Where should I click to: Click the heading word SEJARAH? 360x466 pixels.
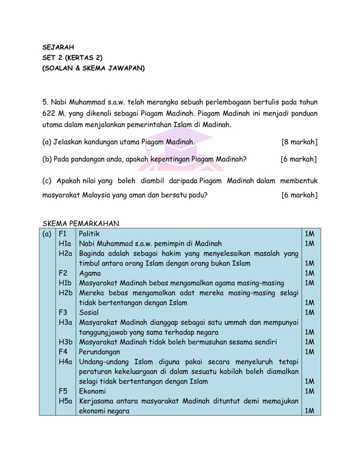(x=58, y=48)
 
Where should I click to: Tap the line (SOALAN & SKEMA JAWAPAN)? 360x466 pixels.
(x=94, y=68)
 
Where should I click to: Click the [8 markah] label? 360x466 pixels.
(x=299, y=142)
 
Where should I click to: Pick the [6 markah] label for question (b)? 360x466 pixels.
(x=298, y=159)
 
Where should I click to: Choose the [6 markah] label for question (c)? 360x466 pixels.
(x=299, y=195)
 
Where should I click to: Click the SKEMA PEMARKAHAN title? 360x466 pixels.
(x=80, y=224)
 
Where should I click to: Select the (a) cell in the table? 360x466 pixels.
(x=47, y=234)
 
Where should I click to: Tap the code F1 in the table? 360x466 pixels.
(x=63, y=234)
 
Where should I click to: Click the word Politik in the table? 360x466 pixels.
(x=89, y=234)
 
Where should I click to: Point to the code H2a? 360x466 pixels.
(x=65, y=253)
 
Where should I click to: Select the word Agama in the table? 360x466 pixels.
(x=90, y=273)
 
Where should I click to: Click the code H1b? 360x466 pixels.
(x=65, y=283)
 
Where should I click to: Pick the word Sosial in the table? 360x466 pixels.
(x=89, y=312)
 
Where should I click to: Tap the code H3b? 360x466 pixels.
(x=65, y=342)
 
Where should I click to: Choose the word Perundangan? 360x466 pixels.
(x=99, y=352)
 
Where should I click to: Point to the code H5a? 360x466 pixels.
(x=65, y=401)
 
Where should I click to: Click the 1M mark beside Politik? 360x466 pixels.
(x=309, y=234)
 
